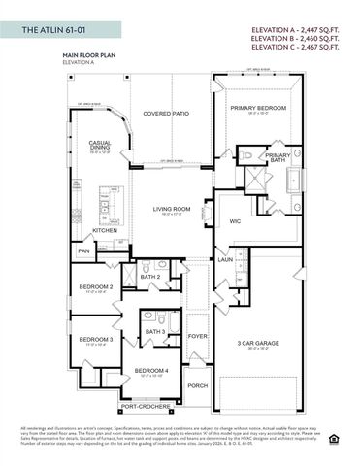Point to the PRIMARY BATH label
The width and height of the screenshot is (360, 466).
point(278,158)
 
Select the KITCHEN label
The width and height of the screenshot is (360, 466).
point(105,230)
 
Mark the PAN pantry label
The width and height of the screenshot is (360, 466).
point(83,250)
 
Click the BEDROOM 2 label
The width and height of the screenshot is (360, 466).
point(96,287)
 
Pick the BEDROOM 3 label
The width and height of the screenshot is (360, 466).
point(96,339)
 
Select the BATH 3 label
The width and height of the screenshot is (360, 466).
point(155,332)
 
